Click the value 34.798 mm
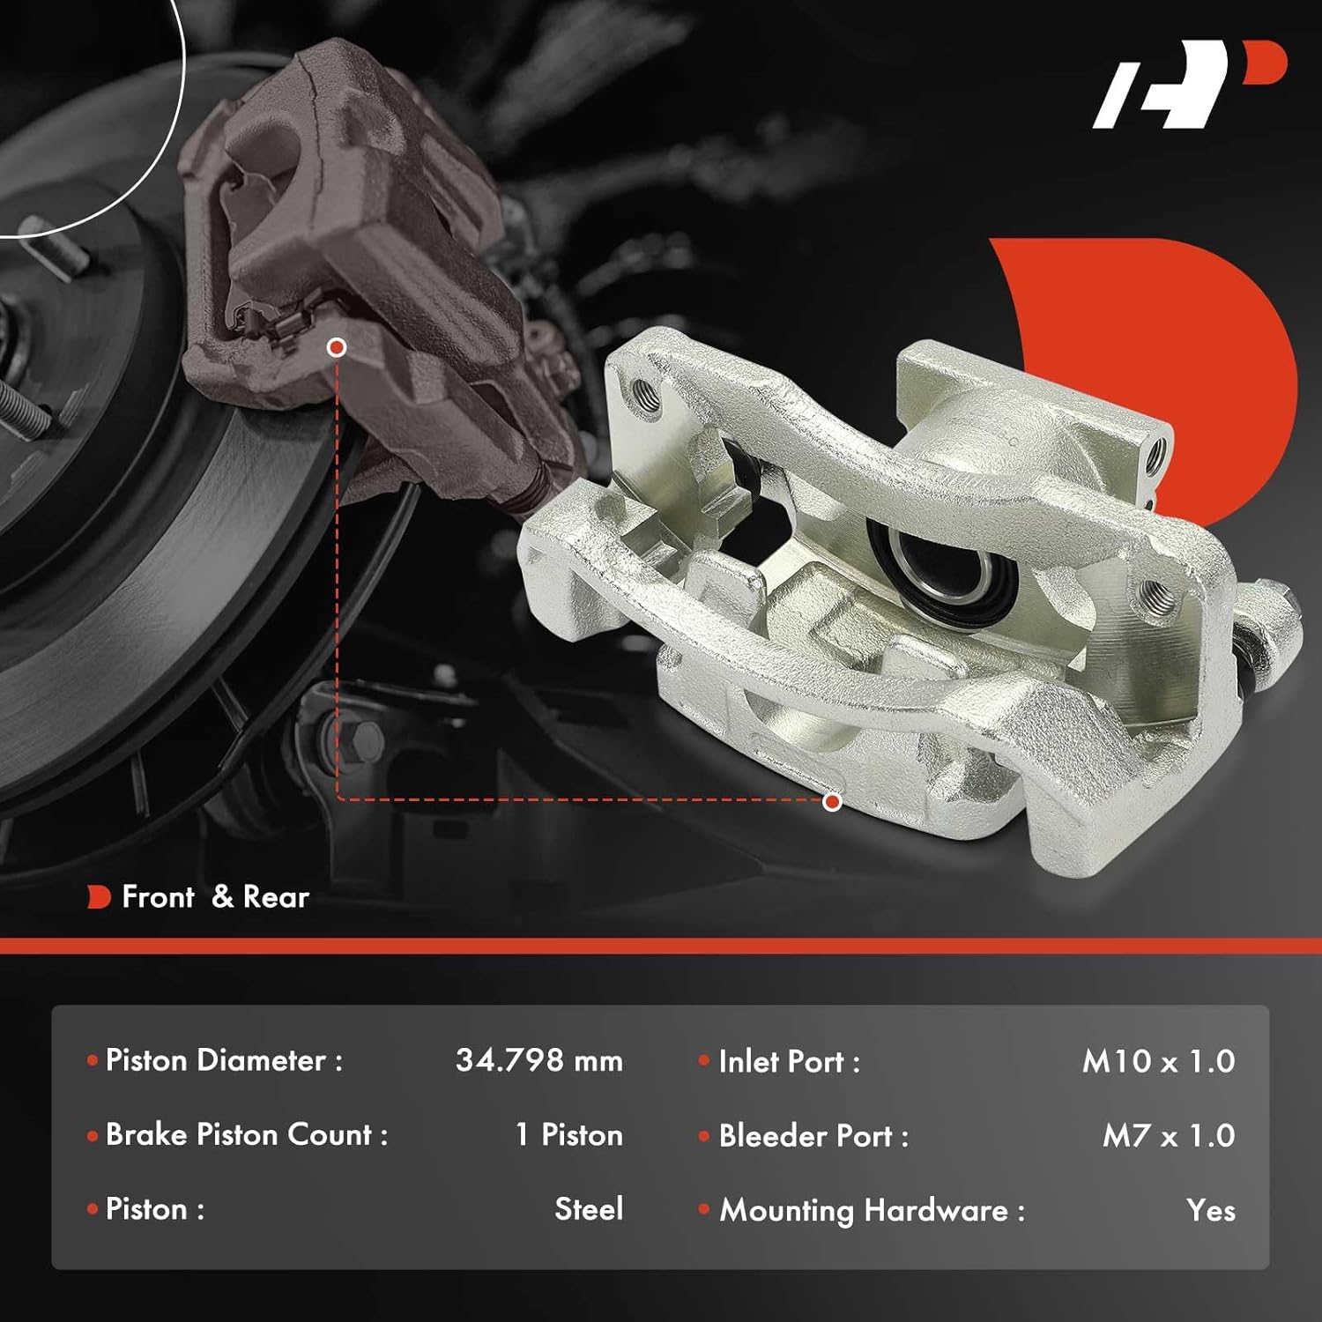click(x=538, y=1060)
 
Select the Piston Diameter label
click(x=224, y=1060)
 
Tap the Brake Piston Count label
click(x=246, y=1135)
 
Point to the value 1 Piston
click(x=568, y=1135)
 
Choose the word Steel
click(x=588, y=1209)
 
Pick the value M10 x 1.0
click(x=1157, y=1061)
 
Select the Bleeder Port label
click(x=813, y=1136)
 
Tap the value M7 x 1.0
click(x=1168, y=1136)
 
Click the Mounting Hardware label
click(x=872, y=1211)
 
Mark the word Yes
click(x=1210, y=1211)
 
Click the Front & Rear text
click(x=215, y=897)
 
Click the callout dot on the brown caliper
click(x=336, y=347)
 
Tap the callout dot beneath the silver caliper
click(x=832, y=801)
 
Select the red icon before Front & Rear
click(x=99, y=897)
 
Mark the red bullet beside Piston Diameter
click(x=93, y=1060)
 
